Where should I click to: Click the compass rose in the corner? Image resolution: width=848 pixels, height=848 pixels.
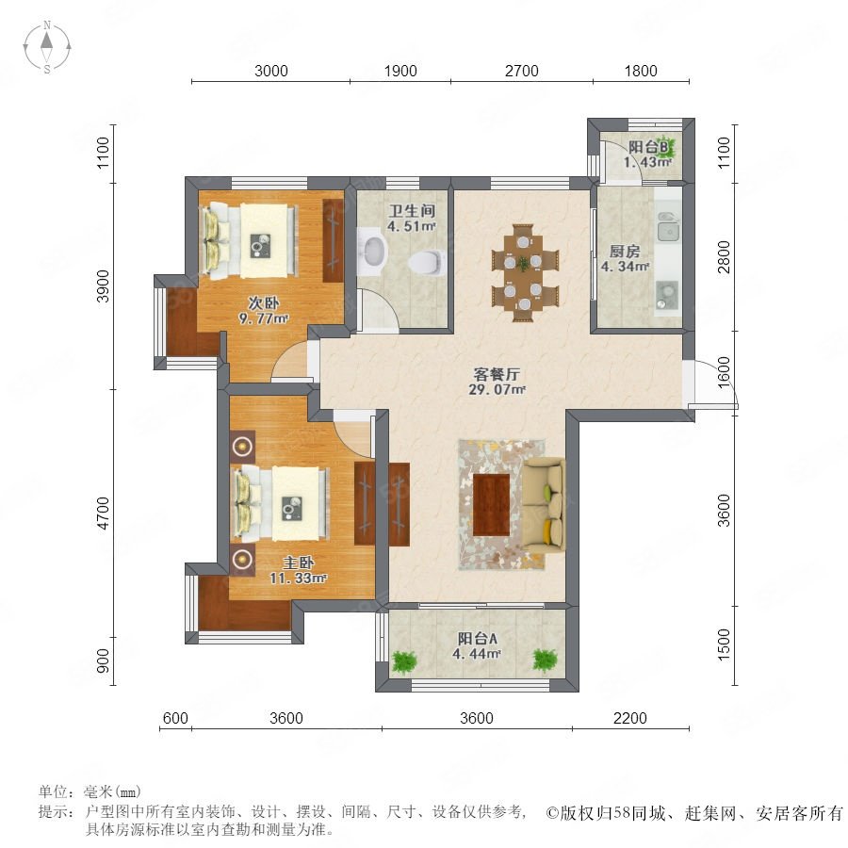coord(47,47)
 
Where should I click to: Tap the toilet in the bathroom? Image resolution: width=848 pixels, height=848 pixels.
coord(427,262)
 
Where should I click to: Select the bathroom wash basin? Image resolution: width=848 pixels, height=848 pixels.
coord(373,252)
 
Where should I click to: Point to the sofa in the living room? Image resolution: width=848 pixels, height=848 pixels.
coord(544,503)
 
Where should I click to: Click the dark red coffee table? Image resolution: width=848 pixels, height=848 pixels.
coord(491,505)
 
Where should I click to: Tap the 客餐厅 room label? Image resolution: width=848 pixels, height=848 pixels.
coord(497,374)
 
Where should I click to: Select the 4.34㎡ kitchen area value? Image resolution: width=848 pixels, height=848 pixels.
coord(626,266)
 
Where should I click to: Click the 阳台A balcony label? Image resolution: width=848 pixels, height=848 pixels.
coord(477,638)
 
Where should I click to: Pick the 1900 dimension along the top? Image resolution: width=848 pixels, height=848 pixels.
coord(400,71)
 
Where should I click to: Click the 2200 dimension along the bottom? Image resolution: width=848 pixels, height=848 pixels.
coord(630,718)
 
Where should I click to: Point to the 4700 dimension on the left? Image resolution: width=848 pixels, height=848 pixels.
coord(102,514)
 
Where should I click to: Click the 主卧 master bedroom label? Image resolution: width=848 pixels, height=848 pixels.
coord(298,563)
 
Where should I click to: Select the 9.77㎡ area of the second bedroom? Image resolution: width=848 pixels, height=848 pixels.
coord(264,318)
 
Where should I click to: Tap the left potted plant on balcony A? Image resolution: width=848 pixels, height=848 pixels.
coord(404,660)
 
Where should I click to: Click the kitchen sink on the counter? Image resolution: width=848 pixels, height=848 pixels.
coord(667,227)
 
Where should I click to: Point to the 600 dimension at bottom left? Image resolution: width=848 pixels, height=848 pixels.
coord(175,718)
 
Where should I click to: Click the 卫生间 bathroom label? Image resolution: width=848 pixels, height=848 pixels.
coord(412,211)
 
